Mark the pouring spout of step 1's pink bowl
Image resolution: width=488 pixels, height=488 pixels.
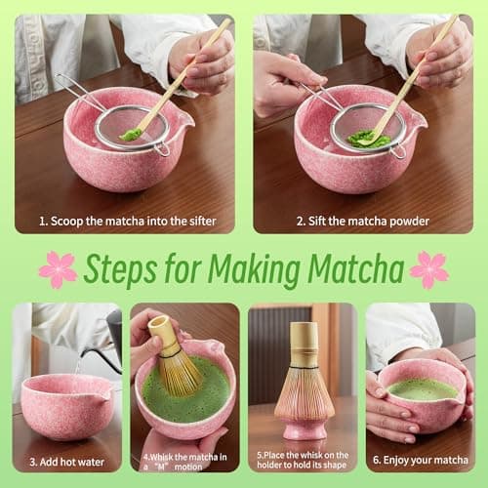pyautogui.click(x=182, y=120)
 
